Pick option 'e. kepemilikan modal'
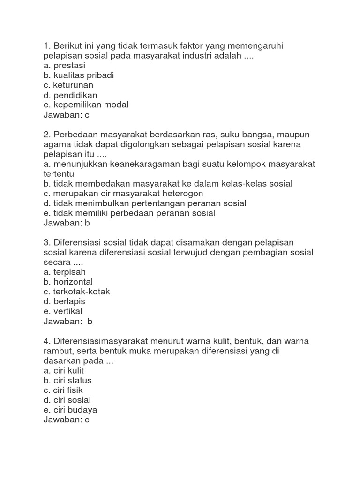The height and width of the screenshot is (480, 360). click(x=85, y=105)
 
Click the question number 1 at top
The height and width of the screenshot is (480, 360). click(x=46, y=46)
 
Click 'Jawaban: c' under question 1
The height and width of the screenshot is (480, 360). click(x=66, y=115)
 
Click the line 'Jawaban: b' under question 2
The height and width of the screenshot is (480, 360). click(x=66, y=223)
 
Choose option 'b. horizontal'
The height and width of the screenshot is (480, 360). click(x=68, y=282)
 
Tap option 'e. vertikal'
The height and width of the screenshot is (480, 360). click(x=62, y=311)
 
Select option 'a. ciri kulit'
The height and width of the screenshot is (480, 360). click(x=63, y=370)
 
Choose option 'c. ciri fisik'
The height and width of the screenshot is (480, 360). click(x=63, y=390)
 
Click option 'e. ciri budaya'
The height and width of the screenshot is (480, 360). click(x=70, y=410)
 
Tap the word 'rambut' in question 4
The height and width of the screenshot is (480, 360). click(x=57, y=351)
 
